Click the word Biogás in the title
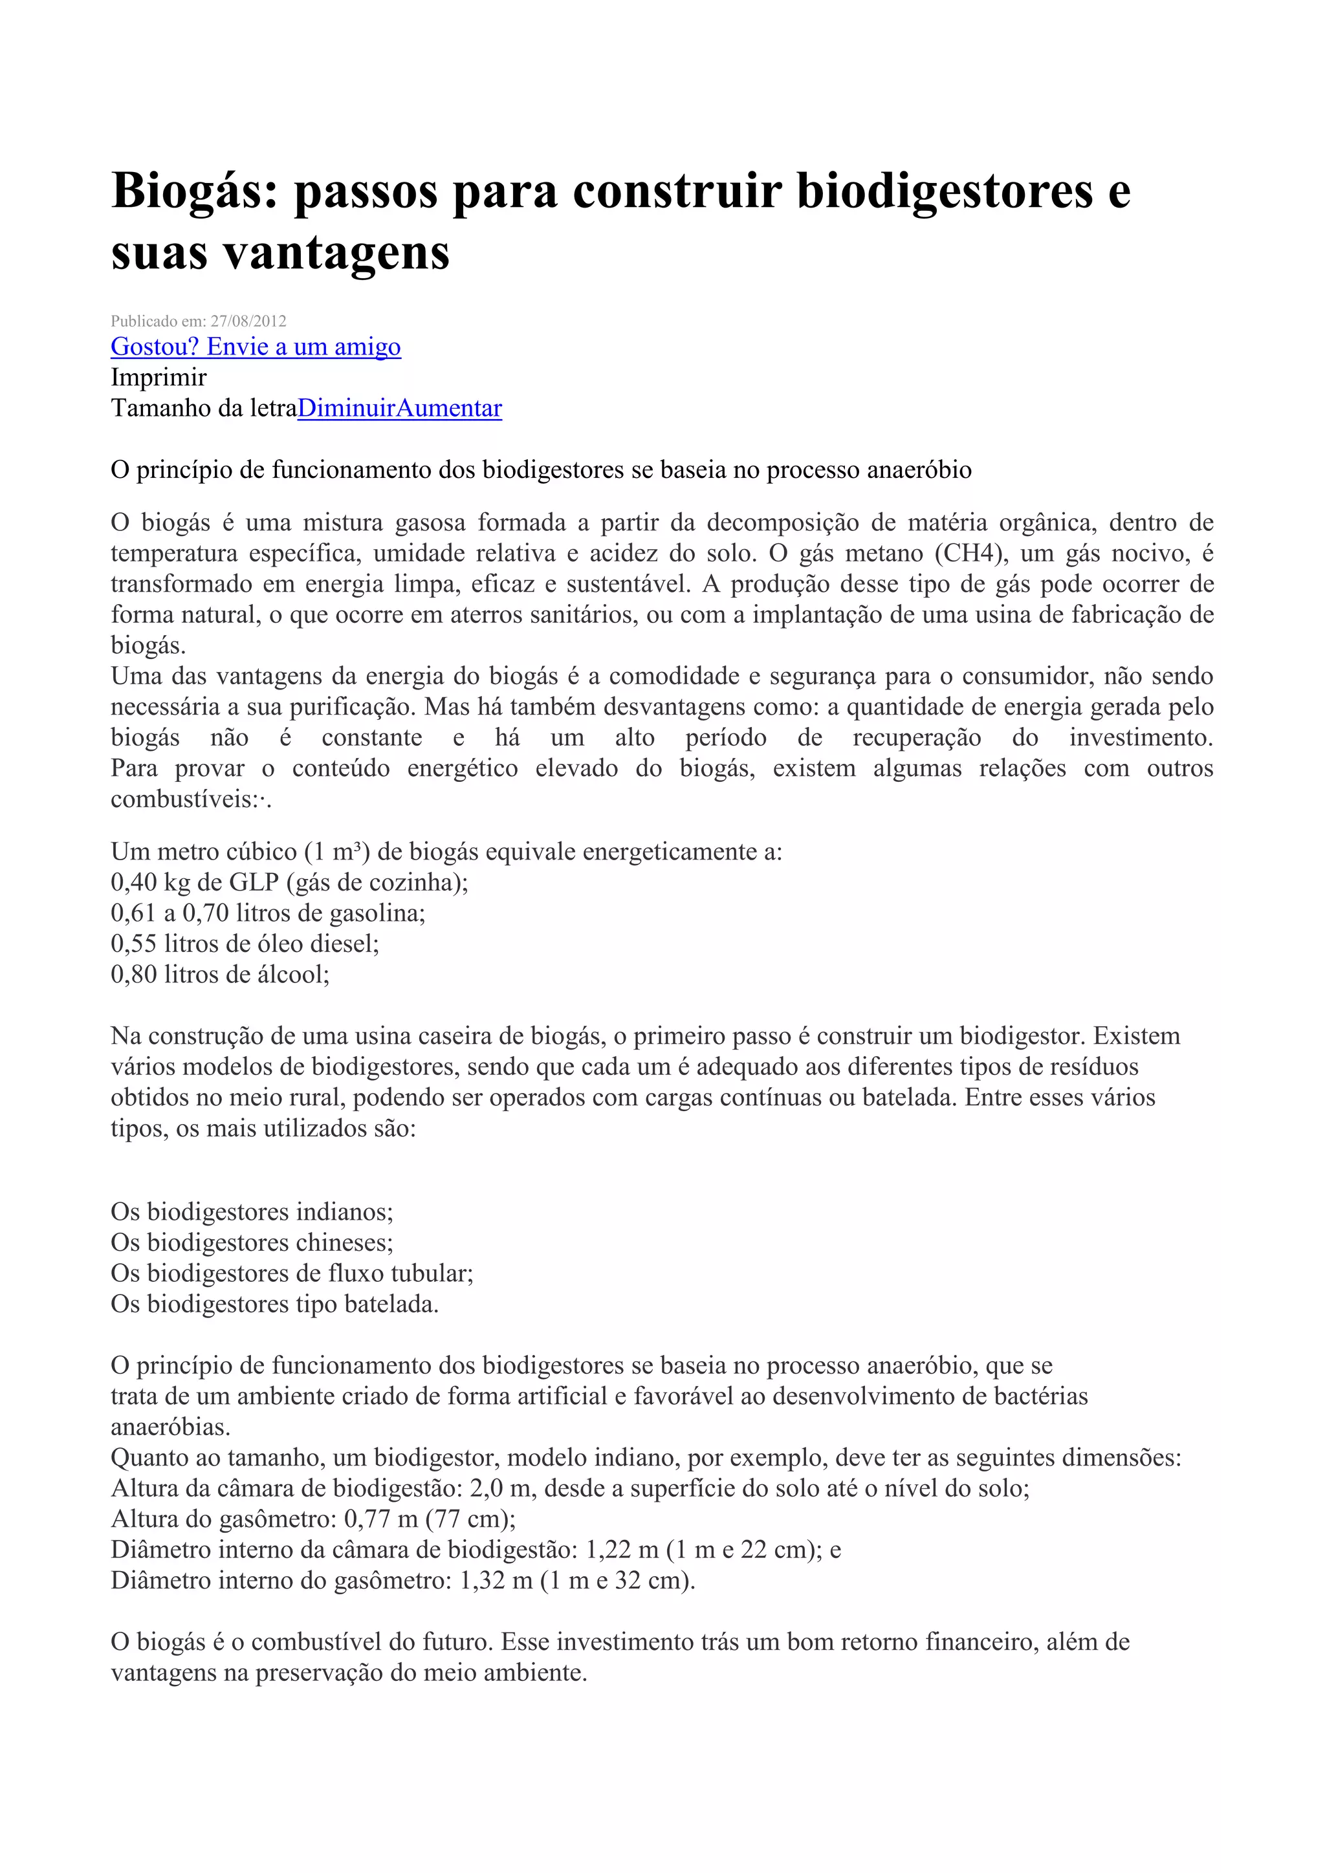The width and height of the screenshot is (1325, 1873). (x=194, y=191)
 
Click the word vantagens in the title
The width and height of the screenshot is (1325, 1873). (x=336, y=253)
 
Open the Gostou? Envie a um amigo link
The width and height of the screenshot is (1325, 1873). (x=256, y=347)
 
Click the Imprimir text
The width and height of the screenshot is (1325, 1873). (x=159, y=377)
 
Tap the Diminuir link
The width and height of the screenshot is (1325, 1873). (x=346, y=408)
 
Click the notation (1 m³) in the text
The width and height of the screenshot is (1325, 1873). (x=338, y=852)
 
